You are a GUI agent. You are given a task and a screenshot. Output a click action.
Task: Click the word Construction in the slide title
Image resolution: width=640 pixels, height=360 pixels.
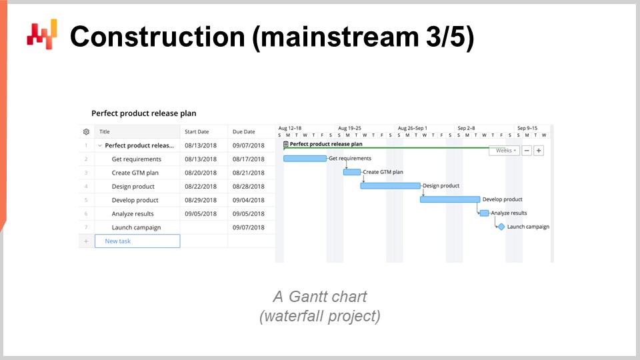157,37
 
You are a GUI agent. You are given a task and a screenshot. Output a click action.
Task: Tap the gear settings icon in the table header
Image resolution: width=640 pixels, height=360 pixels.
86,132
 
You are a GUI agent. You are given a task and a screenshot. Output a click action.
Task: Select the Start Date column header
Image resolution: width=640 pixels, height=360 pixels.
197,132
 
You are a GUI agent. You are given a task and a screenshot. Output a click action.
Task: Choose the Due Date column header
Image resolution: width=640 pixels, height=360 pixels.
244,132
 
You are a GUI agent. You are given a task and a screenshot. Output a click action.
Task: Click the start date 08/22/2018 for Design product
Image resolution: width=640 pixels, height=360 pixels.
201,187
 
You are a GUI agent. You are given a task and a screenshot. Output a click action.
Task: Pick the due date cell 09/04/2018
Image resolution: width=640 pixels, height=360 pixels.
249,200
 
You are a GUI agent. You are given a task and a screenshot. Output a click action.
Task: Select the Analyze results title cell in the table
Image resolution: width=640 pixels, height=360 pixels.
133,214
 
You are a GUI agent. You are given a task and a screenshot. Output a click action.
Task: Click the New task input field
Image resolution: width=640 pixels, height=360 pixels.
137,241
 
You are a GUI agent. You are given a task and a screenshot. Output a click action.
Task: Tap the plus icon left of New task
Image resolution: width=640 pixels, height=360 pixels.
86,241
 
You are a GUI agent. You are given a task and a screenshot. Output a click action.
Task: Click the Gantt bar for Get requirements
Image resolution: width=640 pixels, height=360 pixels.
305,159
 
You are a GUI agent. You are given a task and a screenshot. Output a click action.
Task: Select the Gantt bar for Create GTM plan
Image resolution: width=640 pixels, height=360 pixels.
352,172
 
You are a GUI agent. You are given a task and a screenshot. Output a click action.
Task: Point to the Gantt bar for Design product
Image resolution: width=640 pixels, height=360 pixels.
390,186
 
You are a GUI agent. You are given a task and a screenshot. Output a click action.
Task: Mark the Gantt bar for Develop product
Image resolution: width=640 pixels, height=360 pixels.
450,199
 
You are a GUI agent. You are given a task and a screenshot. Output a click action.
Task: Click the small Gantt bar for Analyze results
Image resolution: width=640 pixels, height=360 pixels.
485,213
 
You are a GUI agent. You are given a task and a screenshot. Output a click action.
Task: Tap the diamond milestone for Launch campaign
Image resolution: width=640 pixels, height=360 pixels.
501,227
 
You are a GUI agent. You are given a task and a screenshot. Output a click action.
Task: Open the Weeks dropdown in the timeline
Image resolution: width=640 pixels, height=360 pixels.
505,151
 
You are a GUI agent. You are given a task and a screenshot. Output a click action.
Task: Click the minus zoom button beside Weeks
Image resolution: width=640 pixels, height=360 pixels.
527,151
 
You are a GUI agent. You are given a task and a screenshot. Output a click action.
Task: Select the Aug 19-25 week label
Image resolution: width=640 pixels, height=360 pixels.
349,128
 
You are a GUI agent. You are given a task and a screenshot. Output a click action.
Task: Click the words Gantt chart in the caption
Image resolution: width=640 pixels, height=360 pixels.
328,297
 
